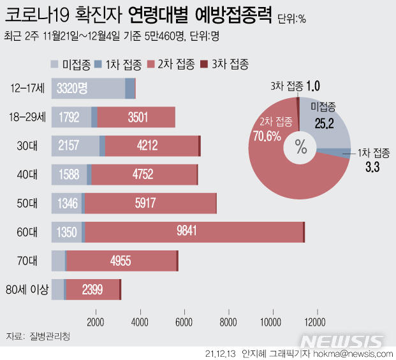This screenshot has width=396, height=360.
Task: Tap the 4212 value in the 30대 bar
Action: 151,147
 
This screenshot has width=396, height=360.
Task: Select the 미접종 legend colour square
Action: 55,64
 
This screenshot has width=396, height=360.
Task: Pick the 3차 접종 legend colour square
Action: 204,64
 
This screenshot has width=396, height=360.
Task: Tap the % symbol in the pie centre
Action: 301,147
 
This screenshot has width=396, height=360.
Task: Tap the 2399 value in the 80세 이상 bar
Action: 92,290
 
